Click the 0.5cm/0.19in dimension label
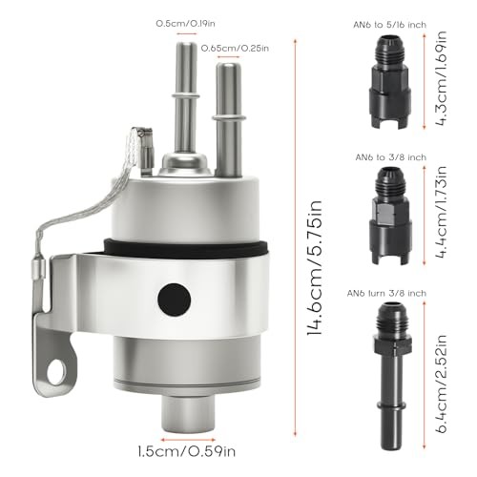click(x=185, y=24)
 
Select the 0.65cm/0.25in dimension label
click(x=235, y=49)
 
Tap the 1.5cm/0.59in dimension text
click(x=187, y=451)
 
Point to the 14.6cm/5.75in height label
click(x=315, y=268)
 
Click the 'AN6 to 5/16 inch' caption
click(x=390, y=25)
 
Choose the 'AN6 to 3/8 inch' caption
click(x=391, y=157)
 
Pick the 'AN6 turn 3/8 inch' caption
click(x=386, y=293)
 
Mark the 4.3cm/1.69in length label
click(x=441, y=78)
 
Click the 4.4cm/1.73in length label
click(x=441, y=212)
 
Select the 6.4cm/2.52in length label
click(x=441, y=384)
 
